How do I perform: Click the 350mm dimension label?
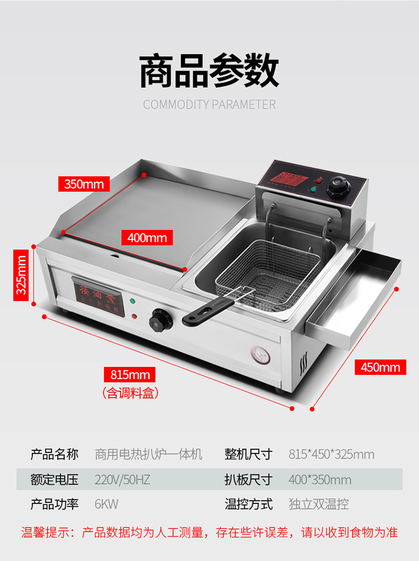point(84,183)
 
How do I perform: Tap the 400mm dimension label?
point(147,237)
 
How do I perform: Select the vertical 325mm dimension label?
point(21,275)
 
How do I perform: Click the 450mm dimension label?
point(380,367)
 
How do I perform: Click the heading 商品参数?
point(209,71)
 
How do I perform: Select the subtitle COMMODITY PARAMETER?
point(209,105)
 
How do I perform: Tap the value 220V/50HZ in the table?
point(122,479)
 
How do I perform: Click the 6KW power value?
point(106,504)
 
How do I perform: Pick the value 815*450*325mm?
point(331,454)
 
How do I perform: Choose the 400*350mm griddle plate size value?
point(320,479)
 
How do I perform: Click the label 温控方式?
point(249,504)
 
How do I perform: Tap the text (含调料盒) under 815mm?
point(130,393)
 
